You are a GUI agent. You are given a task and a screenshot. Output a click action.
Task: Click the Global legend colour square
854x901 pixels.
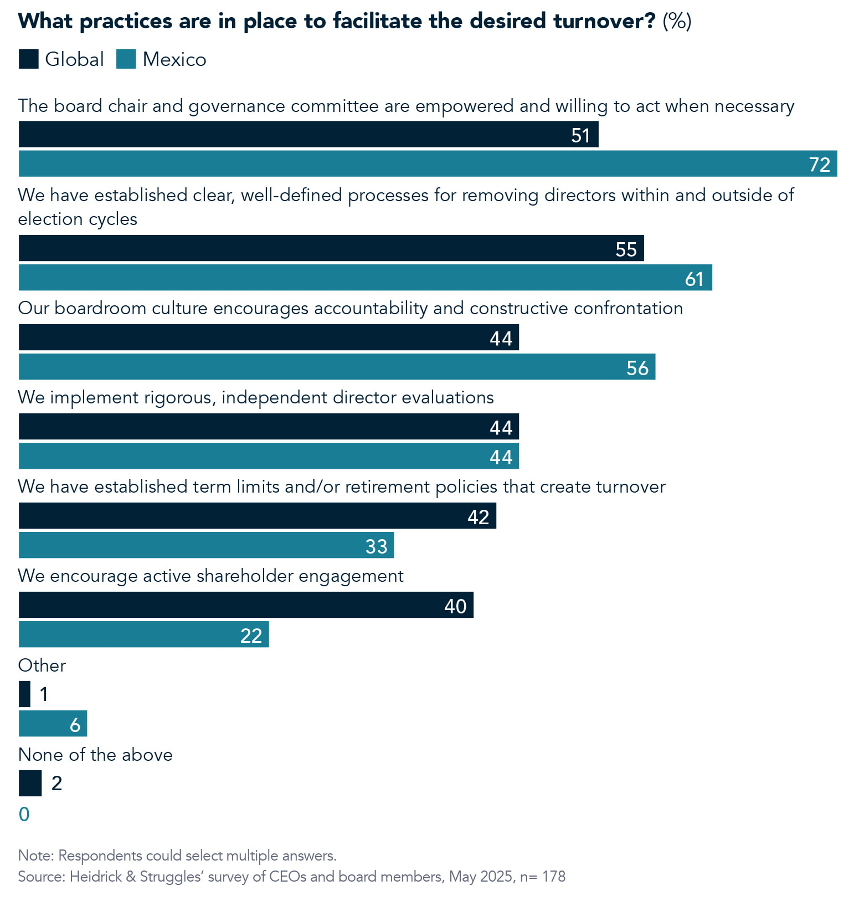click(28, 59)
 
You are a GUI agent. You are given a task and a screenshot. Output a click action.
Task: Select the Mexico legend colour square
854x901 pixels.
click(126, 59)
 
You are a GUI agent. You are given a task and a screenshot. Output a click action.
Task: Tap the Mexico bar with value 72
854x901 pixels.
click(428, 164)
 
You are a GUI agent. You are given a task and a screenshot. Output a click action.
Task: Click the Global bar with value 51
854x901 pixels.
click(308, 135)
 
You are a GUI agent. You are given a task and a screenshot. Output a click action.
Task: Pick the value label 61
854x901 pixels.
click(694, 278)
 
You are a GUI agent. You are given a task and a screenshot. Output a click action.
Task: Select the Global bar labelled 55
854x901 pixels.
click(331, 248)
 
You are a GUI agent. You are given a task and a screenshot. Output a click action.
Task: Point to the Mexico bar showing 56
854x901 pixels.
click(337, 367)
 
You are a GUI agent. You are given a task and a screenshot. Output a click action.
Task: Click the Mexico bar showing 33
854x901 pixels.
click(206, 545)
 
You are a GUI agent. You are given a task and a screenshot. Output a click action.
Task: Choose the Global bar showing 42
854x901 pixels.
click(257, 516)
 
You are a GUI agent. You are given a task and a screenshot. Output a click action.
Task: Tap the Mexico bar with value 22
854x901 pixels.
click(143, 634)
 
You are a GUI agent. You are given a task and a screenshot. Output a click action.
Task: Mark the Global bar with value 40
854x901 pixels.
click(246, 605)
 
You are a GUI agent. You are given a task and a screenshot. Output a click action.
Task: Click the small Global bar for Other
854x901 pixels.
click(24, 694)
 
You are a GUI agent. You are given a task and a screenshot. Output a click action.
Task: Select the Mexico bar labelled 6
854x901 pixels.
click(53, 724)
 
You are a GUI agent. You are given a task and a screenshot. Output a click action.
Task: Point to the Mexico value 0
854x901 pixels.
click(24, 814)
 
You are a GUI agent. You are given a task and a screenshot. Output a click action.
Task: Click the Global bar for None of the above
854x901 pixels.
click(30, 783)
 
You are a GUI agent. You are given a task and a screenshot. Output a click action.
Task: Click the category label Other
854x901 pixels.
click(42, 665)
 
